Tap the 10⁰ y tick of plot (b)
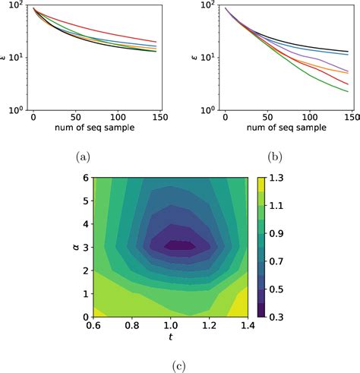[210, 111]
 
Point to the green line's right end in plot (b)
[349, 92]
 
